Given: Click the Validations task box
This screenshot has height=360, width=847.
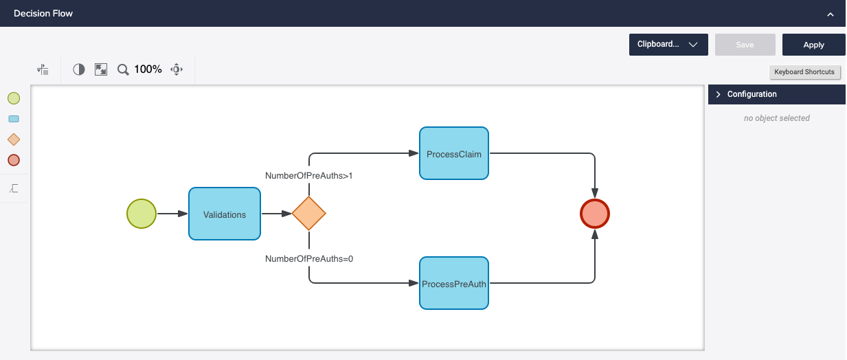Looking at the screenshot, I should tap(225, 214).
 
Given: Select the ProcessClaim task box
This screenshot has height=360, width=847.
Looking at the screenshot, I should tap(453, 154).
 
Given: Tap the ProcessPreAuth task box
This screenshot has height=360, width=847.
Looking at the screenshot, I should tap(453, 284).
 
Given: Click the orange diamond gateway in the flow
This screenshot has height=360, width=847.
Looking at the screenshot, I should tap(308, 214).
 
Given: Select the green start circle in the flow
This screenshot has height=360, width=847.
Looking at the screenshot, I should tap(142, 214).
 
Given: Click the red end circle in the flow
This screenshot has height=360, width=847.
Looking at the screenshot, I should tap(595, 214).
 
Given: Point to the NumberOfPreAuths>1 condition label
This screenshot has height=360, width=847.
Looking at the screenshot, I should tap(308, 176).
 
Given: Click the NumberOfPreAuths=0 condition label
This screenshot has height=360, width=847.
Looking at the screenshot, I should tap(308, 259).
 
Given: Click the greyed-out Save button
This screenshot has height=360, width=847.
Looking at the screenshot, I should tap(745, 45).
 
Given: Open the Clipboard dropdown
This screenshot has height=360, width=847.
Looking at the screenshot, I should tap(668, 45).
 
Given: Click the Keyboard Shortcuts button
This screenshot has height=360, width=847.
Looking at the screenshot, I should tap(804, 72).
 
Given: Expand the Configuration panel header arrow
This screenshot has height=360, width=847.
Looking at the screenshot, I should tap(719, 94).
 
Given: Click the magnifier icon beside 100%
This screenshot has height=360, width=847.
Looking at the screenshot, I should tap(123, 69).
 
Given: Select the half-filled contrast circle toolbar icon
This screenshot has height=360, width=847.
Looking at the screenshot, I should tap(79, 69).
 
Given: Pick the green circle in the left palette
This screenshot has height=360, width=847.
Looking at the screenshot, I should tap(14, 98).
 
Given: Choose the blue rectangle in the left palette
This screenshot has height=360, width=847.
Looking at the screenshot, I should tap(14, 119).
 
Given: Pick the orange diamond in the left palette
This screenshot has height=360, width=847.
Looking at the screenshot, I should tap(14, 139).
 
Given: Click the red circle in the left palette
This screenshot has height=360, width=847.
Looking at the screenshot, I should tap(14, 160).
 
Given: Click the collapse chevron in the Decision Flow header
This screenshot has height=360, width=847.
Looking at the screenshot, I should tap(831, 14).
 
